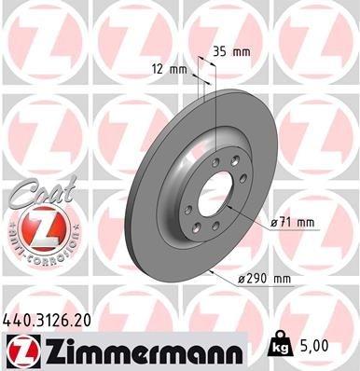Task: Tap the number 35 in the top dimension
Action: click(221, 52)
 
